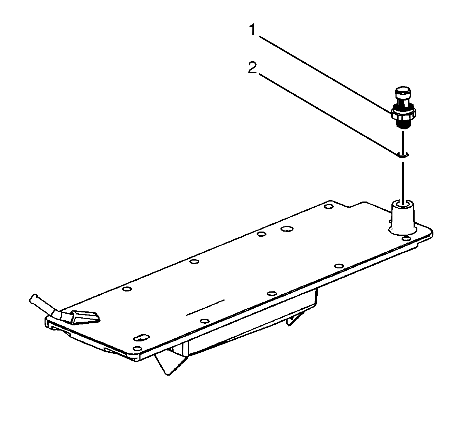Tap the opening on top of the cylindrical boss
coord(403,204)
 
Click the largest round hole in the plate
coord(287,229)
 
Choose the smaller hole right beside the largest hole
coord(261,234)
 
